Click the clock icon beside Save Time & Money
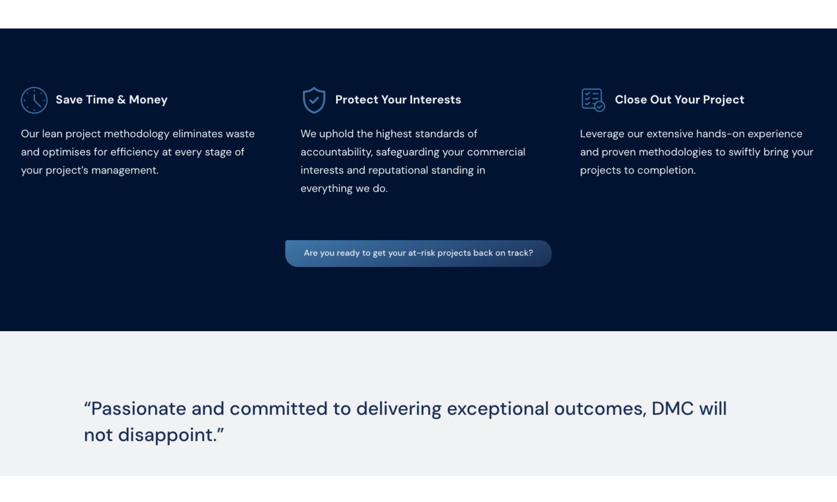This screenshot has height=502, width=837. [x=34, y=100]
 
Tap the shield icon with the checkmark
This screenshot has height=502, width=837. [x=314, y=100]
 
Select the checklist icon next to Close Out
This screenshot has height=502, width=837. [x=593, y=100]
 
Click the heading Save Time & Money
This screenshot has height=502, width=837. [x=112, y=100]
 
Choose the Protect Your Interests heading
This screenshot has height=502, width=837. [x=398, y=100]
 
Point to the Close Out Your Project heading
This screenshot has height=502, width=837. [x=679, y=100]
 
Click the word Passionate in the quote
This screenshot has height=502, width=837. [x=138, y=408]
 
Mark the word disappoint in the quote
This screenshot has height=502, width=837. [x=167, y=435]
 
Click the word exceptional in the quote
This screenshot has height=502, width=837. [x=498, y=409]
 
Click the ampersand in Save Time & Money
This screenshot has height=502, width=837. [x=121, y=100]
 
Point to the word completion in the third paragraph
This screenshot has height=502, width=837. [x=666, y=170]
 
